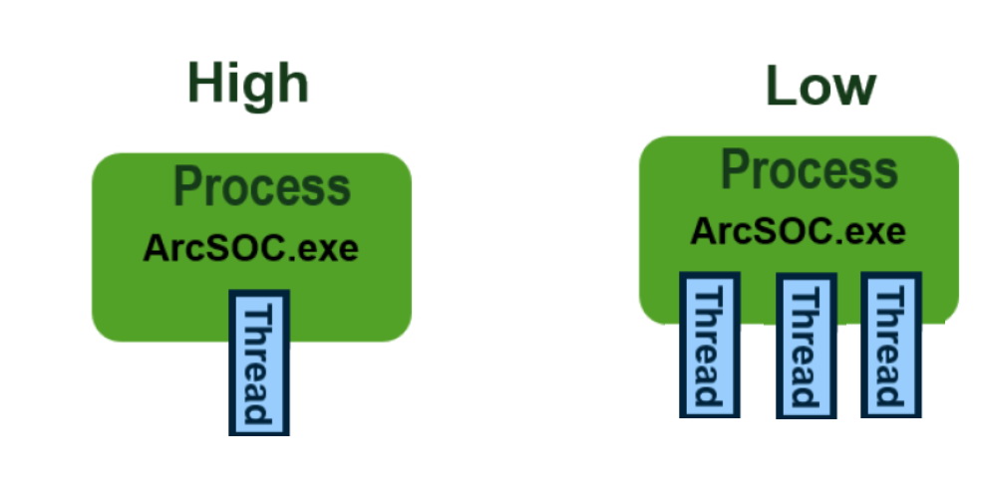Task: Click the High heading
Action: tap(247, 84)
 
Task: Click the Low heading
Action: tap(819, 88)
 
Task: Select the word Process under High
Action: tap(262, 187)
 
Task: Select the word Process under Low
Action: tap(809, 170)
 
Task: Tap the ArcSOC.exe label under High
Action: tap(250, 247)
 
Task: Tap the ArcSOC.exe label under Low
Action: tap(798, 232)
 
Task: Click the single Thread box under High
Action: tap(259, 363)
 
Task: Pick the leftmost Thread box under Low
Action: tap(709, 345)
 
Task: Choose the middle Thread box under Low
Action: tap(805, 345)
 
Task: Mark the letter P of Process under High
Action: tap(187, 187)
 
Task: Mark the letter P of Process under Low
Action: tap(734, 170)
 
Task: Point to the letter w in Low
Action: tap(853, 91)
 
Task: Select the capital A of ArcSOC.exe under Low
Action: tap(703, 232)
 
